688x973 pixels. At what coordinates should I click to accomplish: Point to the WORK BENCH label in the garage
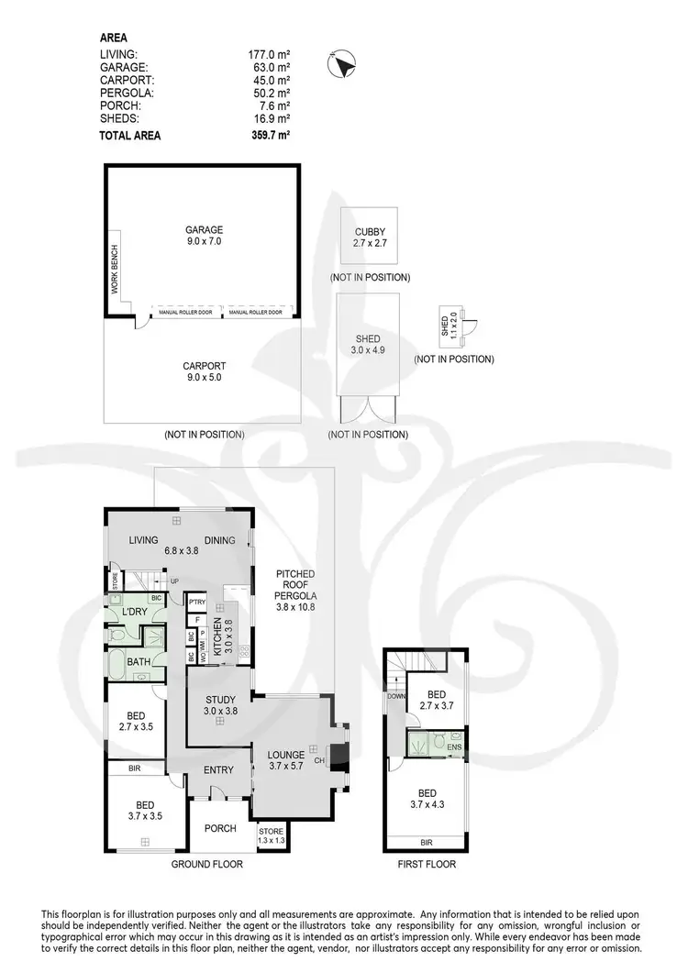click(116, 271)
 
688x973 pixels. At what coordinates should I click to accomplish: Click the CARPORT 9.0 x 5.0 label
click(202, 370)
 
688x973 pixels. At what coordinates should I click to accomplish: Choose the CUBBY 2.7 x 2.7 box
click(370, 238)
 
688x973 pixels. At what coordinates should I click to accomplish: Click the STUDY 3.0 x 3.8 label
click(220, 705)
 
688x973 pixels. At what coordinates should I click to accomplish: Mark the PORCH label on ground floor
click(220, 828)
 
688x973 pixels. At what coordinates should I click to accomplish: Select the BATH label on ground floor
click(139, 661)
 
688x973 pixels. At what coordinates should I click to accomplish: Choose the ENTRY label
click(218, 770)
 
